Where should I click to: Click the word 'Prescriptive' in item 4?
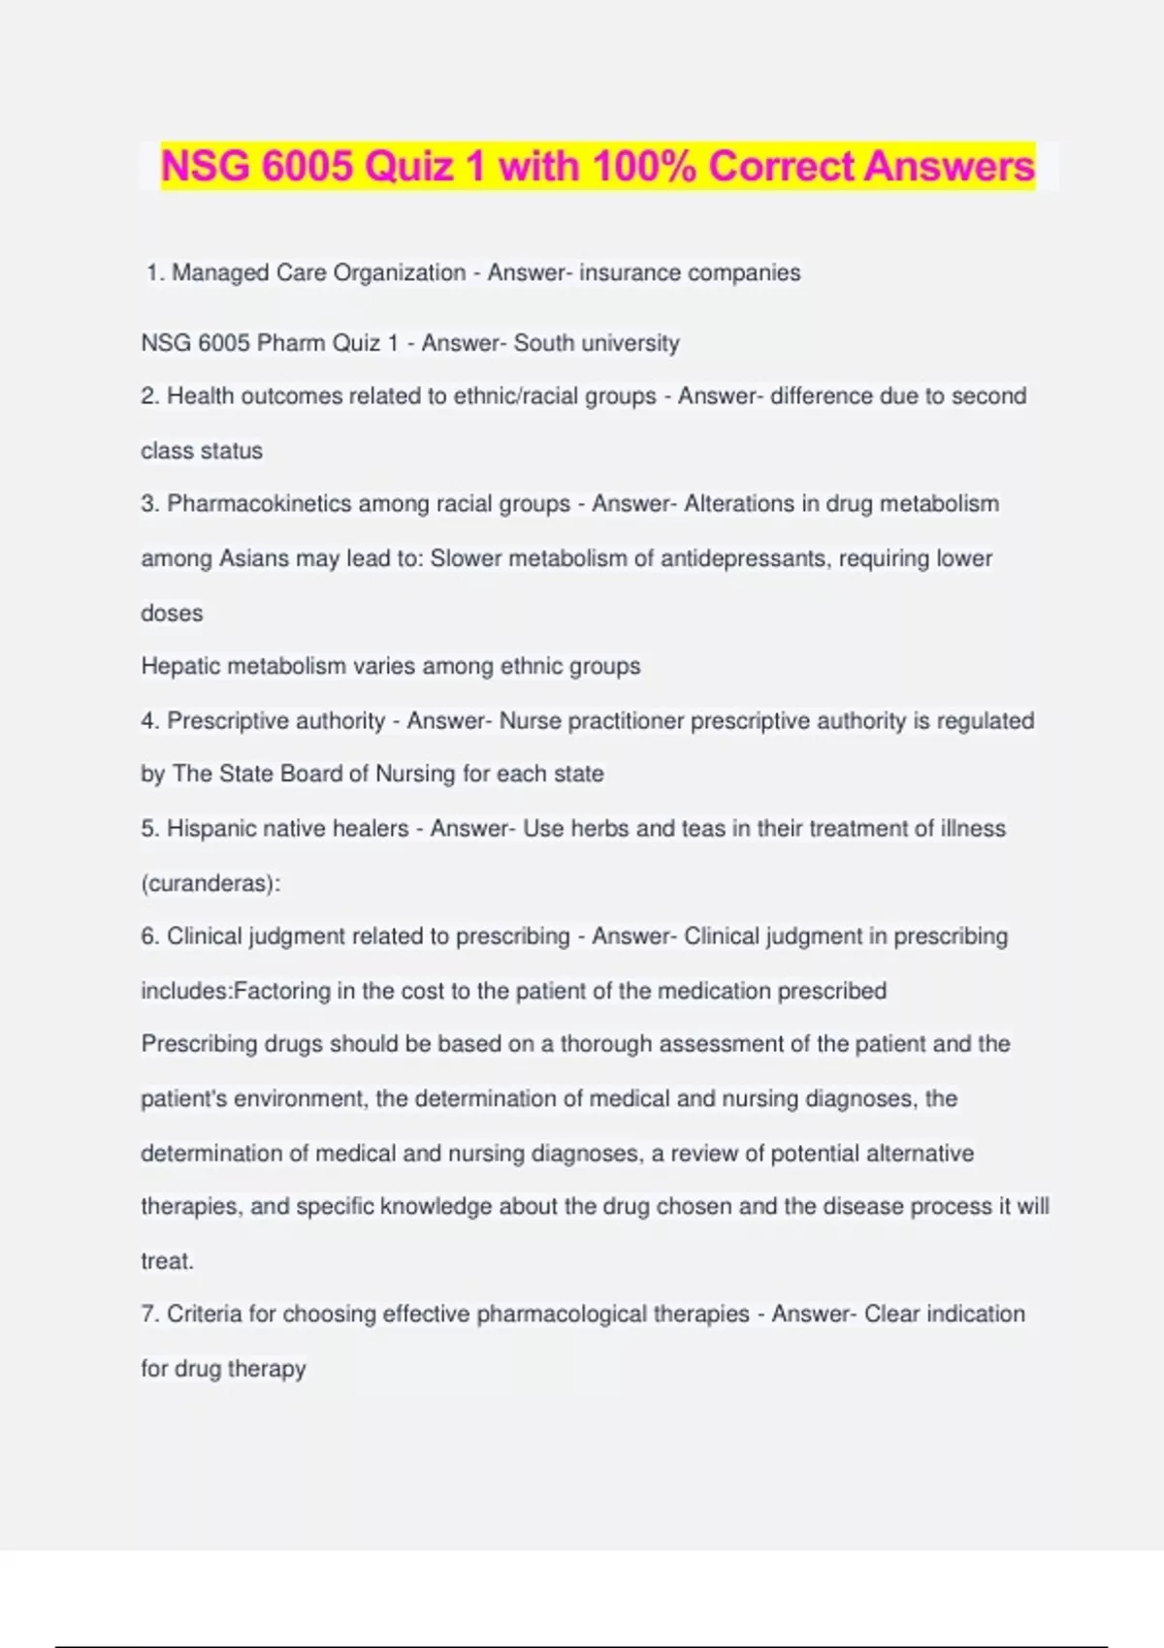(x=228, y=720)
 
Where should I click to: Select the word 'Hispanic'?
(x=212, y=828)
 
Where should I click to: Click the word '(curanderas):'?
(x=210, y=883)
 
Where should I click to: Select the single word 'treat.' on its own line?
(x=168, y=1261)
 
